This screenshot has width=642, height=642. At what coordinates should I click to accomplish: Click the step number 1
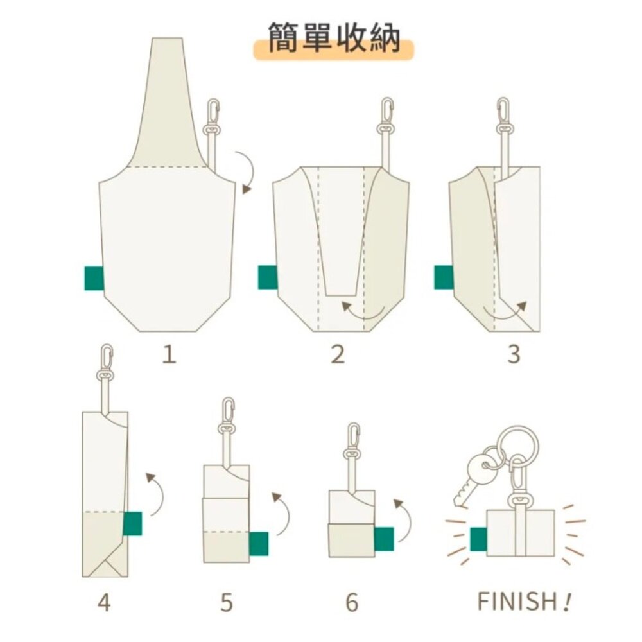[168, 354]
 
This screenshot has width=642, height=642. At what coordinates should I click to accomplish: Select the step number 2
[338, 354]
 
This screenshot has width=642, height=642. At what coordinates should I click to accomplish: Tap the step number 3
[514, 354]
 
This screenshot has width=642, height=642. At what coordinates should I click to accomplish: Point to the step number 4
[104, 603]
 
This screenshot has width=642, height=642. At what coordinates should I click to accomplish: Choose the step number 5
[226, 603]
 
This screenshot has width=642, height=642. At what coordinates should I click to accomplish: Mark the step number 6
[351, 603]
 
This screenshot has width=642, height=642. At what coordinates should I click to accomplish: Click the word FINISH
[517, 602]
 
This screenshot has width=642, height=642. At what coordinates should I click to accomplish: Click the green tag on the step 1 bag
[94, 278]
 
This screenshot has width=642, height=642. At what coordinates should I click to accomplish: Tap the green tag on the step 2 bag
[268, 277]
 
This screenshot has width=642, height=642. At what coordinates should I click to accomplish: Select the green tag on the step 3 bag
[444, 277]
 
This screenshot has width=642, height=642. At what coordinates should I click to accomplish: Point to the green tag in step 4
[132, 523]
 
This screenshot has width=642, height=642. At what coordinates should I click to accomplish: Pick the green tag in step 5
[259, 543]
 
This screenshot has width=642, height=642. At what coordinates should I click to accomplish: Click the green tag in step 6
[383, 538]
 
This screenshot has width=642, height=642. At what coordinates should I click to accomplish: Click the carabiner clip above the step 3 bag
[503, 114]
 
